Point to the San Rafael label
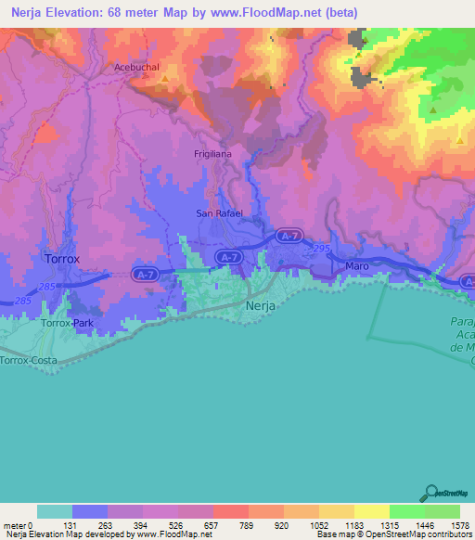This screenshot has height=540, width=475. [x=218, y=213]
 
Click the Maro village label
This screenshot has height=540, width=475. [x=357, y=266]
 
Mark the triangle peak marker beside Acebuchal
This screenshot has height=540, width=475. [x=165, y=79]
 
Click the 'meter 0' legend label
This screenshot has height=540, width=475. [x=18, y=524]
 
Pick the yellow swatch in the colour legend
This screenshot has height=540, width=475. [x=372, y=511]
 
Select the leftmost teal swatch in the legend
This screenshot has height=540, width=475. [x=55, y=511]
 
